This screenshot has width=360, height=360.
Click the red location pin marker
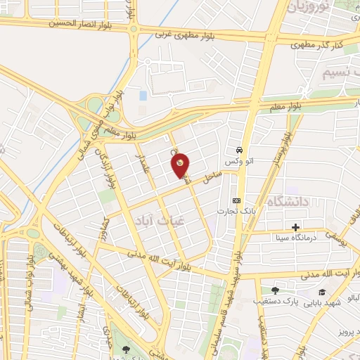[181, 165]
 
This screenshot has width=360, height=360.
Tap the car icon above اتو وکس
[240, 150]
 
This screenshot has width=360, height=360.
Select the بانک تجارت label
[236, 210]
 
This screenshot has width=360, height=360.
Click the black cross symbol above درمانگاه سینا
[296, 227]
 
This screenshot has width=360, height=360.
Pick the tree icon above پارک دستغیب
[275, 290]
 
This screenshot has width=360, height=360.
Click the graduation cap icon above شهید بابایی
[322, 292]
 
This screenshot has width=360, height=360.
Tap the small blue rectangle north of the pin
[143, 95]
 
